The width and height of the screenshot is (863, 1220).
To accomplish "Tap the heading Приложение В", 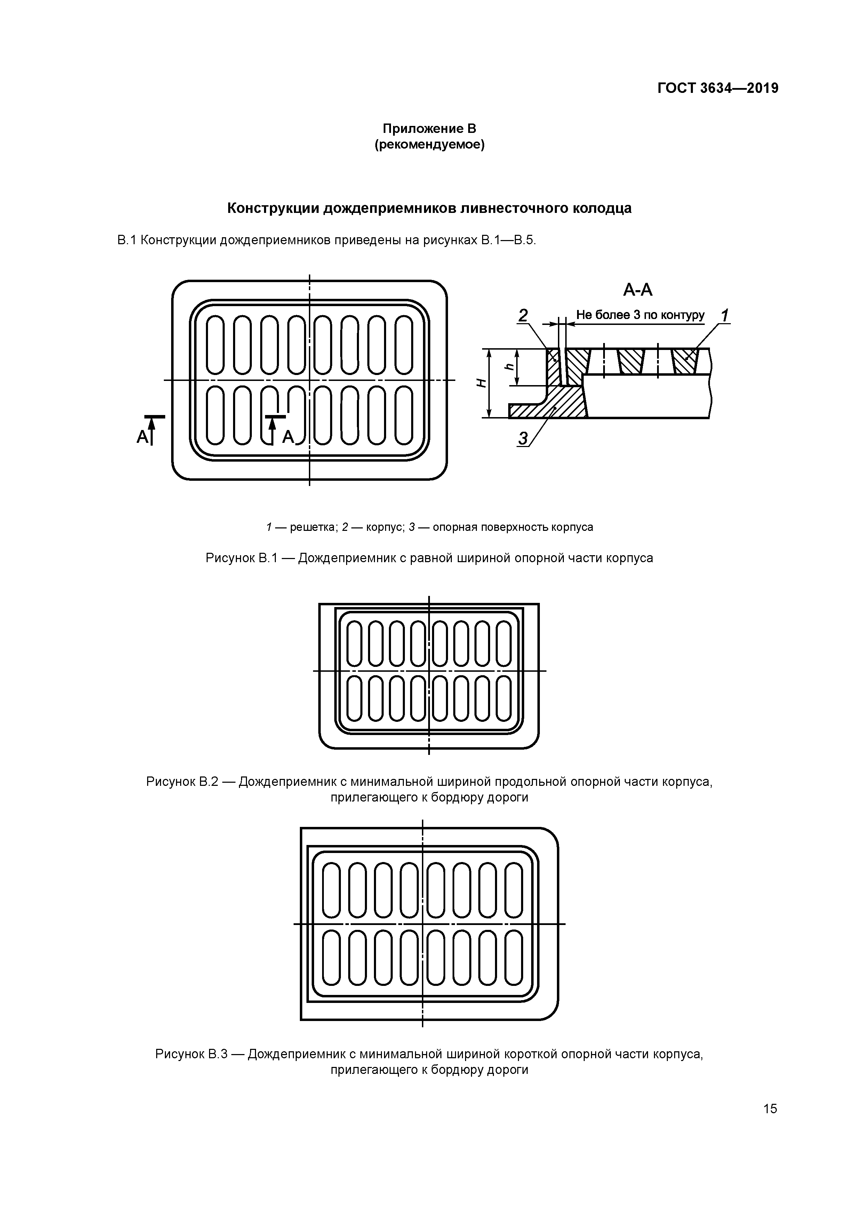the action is click(x=430, y=129).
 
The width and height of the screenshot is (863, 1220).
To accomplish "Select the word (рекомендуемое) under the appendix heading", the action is click(x=430, y=144).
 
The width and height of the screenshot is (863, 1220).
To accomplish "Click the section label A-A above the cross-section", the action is click(x=638, y=289).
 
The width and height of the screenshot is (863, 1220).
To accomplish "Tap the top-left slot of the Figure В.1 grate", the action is click(x=215, y=344).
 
